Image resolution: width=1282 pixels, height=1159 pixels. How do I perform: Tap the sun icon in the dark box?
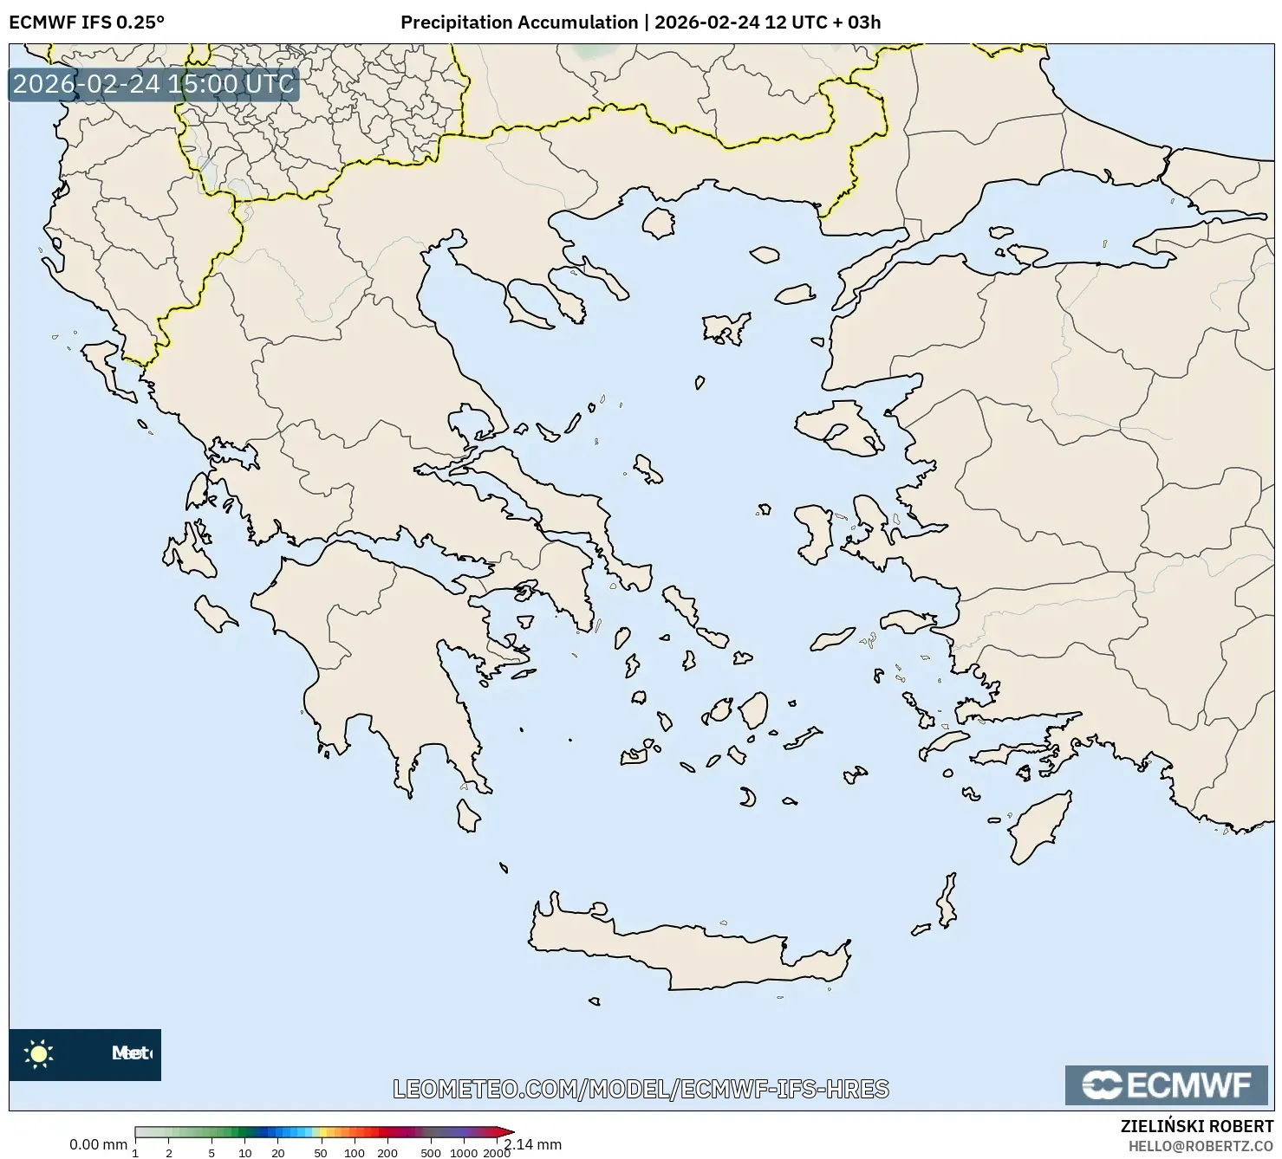click(39, 1054)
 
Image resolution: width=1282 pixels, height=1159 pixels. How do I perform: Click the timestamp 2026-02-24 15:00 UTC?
click(153, 84)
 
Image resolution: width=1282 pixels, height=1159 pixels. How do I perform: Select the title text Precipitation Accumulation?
click(518, 23)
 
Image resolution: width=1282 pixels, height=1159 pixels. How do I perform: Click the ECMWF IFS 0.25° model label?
click(86, 23)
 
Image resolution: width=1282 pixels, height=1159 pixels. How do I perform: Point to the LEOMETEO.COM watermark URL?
click(641, 1089)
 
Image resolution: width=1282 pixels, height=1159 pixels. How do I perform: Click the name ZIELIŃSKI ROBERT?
click(1197, 1127)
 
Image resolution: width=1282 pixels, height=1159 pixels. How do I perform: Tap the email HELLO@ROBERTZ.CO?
click(1201, 1145)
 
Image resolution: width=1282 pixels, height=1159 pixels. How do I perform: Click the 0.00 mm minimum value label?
click(98, 1144)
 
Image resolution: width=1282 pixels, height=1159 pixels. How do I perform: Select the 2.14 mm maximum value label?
click(535, 1144)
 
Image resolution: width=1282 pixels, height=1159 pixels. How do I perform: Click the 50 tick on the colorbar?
click(320, 1152)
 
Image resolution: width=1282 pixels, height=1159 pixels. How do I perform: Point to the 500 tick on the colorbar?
click(430, 1152)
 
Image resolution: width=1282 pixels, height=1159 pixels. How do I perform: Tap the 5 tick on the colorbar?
click(211, 1152)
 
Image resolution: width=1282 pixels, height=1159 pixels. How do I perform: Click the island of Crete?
click(685, 953)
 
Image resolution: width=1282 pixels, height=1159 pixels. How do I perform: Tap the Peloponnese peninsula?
click(373, 641)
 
